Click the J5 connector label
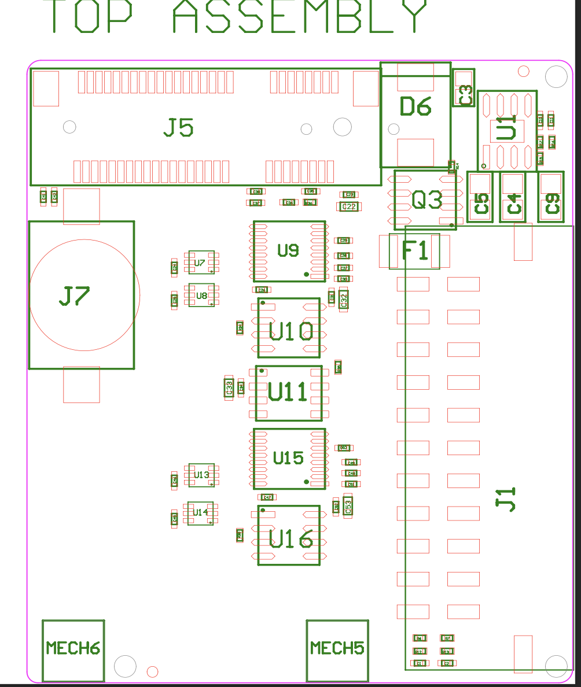(178, 127)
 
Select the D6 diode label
(415, 106)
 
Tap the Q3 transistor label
(427, 200)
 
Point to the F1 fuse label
(415, 251)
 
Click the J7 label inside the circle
(75, 296)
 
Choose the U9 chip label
(288, 250)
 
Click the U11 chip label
(288, 393)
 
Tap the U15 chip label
(288, 458)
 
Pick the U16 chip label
(291, 540)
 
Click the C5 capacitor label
(481, 204)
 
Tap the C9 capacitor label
(553, 204)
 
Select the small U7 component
(200, 263)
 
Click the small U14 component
(200, 513)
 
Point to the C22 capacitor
(349, 206)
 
